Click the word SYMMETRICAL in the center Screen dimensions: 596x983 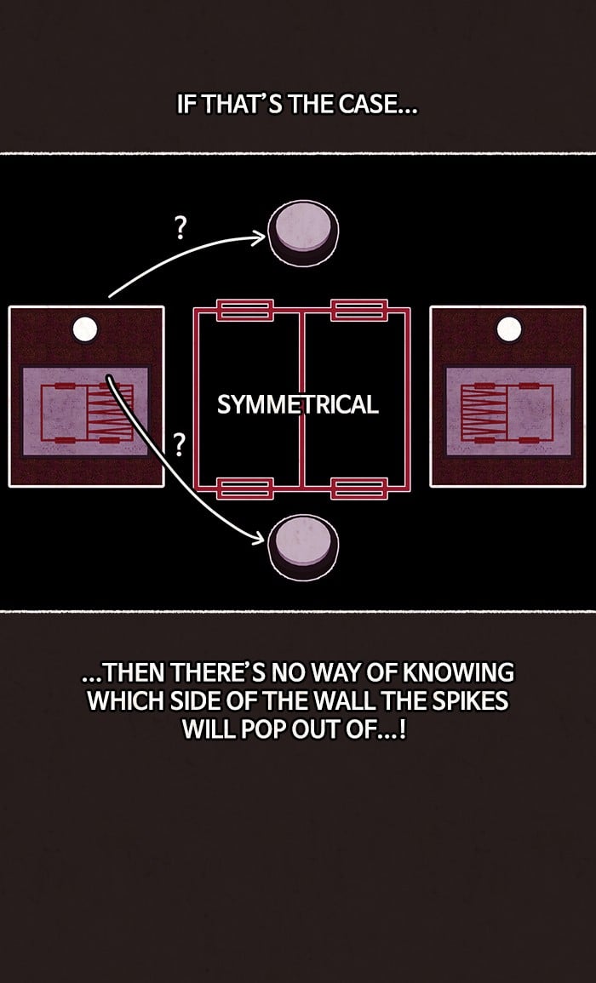pyautogui.click(x=298, y=404)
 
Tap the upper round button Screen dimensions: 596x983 pyautogui.click(x=304, y=233)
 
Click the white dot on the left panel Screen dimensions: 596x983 pyautogui.click(x=84, y=329)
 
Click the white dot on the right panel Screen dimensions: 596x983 pyautogui.click(x=509, y=329)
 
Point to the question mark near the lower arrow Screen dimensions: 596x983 pyautogui.click(x=180, y=445)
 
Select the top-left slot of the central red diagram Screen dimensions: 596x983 pyautogui.click(x=244, y=310)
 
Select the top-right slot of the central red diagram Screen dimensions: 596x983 pyautogui.click(x=358, y=310)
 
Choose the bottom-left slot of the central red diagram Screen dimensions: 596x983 pyautogui.click(x=244, y=489)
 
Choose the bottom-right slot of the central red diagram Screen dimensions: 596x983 pyautogui.click(x=358, y=489)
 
